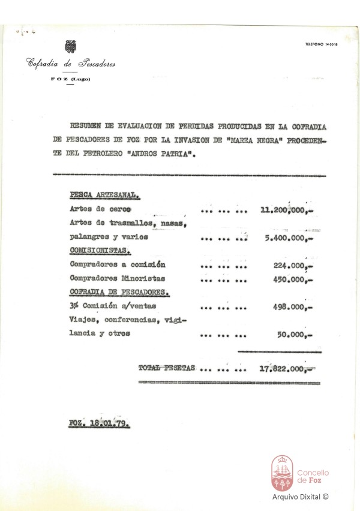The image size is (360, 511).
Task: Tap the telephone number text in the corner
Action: [322, 45]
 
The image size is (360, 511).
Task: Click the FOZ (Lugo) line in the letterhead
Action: [71, 80]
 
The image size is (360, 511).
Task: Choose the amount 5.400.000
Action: [289, 237]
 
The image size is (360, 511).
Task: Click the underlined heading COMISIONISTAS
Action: [100, 251]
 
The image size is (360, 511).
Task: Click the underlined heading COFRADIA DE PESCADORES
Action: [119, 292]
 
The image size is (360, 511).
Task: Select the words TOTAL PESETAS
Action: [167, 368]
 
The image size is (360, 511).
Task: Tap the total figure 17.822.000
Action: [287, 368]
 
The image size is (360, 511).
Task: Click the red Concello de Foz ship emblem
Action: [282, 473]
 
